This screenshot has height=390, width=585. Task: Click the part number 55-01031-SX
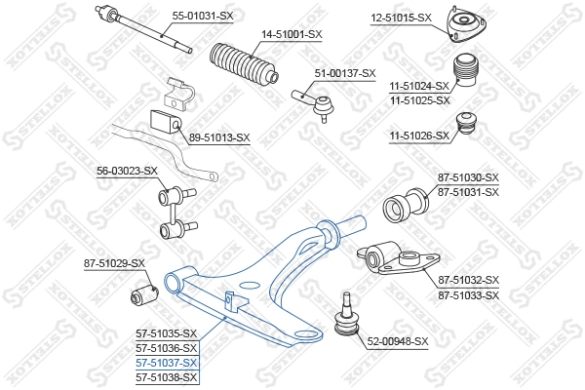coord(203,17)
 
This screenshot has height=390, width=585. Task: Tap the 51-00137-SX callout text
coord(344,74)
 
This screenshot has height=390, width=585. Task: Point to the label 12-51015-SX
coord(402,18)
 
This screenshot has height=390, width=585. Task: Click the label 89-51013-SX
coord(219,137)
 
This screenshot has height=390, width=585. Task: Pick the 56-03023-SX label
coord(127,172)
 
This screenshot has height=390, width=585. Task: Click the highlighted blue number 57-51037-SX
coord(166,362)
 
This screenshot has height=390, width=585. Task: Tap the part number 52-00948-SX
coord(398,341)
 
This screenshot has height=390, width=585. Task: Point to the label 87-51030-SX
coord(468,177)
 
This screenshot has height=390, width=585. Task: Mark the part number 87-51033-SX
coord(468,294)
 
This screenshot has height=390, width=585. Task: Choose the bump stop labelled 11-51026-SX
coord(468,128)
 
